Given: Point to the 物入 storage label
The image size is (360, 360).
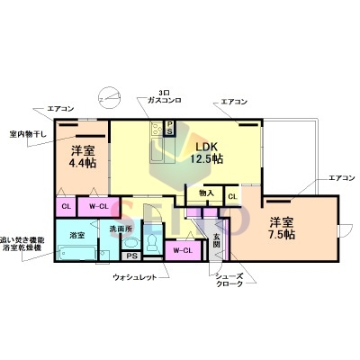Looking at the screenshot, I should (206, 193).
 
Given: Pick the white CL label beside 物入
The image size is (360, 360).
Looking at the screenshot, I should (232, 195).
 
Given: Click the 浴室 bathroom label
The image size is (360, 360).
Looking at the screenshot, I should (77, 235).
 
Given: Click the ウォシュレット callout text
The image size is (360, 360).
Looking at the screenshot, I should (136, 277).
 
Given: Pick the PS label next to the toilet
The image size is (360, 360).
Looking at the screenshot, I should (132, 256).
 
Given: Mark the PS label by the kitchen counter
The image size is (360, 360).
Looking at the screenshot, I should (168, 130).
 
